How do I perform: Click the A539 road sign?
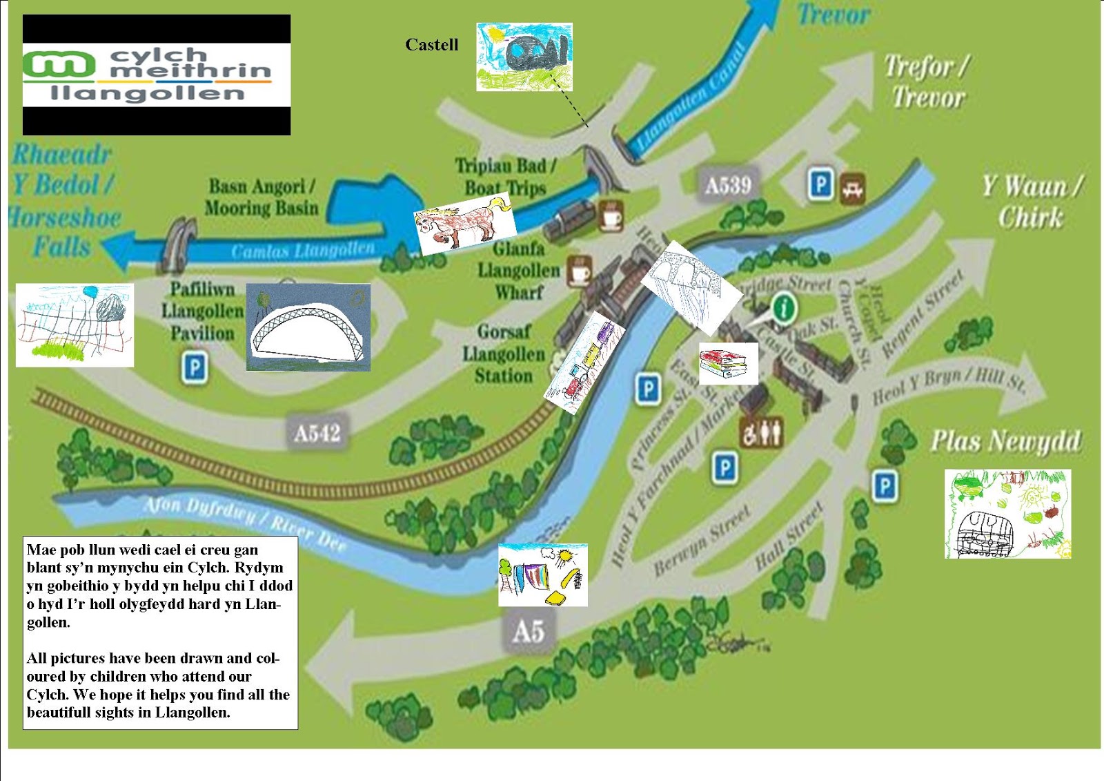click(728, 185)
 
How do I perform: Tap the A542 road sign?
click(317, 433)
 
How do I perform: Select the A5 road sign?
click(529, 631)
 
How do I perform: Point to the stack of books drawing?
click(727, 363)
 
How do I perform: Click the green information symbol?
click(783, 307)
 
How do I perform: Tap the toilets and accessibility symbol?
click(762, 433)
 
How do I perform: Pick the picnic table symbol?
click(853, 188)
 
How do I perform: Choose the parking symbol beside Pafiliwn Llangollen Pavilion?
click(195, 367)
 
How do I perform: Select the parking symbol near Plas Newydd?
click(885, 486)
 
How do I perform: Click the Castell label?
click(431, 45)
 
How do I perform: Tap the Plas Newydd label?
click(1005, 441)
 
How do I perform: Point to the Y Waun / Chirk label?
click(1032, 202)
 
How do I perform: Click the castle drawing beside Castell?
click(524, 57)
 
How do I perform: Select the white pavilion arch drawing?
click(308, 327)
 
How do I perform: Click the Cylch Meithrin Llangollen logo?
click(157, 75)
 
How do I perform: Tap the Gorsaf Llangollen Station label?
click(504, 354)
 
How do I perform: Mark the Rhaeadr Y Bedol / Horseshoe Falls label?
click(63, 200)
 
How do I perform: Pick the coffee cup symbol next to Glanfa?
click(580, 271)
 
